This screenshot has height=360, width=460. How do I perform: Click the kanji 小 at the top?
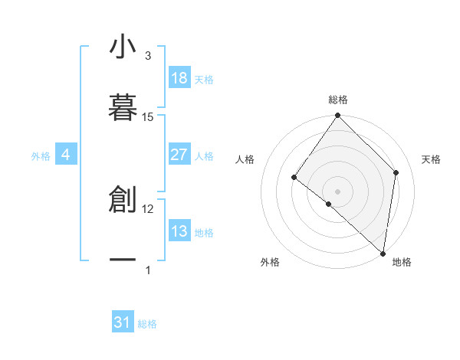[x=123, y=47]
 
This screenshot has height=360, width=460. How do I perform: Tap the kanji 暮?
[x=123, y=106]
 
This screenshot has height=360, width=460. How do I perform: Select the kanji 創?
[x=123, y=200]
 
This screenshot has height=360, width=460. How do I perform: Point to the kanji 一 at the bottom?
[x=123, y=260]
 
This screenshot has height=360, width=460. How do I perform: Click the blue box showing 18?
[x=179, y=78]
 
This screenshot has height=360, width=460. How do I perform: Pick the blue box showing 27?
[x=179, y=155]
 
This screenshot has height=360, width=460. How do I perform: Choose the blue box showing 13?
[x=179, y=231]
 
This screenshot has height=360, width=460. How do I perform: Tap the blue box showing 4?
[x=66, y=155]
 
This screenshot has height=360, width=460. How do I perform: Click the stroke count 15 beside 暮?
[x=148, y=116]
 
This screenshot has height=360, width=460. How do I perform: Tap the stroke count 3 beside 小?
[x=148, y=56]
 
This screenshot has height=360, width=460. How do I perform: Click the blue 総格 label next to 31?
[x=147, y=324]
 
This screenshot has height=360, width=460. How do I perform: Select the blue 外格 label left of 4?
[x=41, y=155]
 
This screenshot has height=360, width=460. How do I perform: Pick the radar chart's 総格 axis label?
[x=337, y=100]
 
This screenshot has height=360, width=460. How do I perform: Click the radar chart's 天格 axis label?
[x=432, y=159]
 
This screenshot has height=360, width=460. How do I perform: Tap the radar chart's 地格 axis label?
[x=402, y=262]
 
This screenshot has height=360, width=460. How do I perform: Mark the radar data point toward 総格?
[x=337, y=116]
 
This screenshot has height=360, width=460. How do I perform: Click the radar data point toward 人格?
[x=294, y=178]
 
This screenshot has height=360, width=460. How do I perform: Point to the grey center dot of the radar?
[x=337, y=191]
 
